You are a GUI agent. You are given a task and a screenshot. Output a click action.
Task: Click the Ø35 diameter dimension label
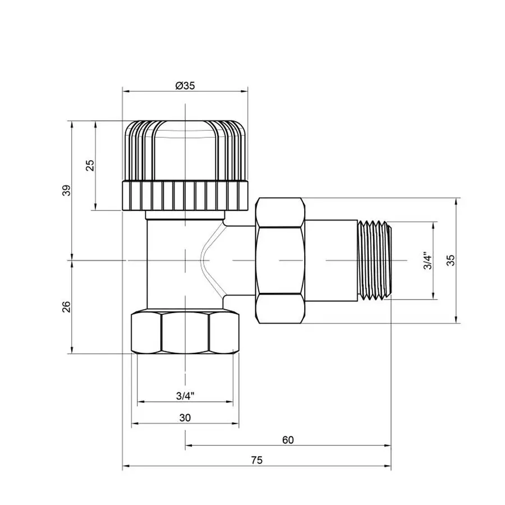185,85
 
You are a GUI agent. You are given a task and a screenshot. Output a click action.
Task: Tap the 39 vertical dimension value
66,190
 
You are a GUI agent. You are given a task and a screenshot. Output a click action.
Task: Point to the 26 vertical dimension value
66,306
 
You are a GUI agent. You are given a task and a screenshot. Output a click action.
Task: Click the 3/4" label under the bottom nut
185,396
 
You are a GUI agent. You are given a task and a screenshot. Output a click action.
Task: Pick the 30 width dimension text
185,417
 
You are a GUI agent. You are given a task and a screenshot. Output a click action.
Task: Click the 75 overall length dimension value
256,460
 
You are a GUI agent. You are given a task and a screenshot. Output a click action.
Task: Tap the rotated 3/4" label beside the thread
428,260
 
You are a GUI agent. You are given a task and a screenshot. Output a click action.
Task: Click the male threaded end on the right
373,260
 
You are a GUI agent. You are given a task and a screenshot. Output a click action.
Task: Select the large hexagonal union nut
280,260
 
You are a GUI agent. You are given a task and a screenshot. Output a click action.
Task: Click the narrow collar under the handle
185,215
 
